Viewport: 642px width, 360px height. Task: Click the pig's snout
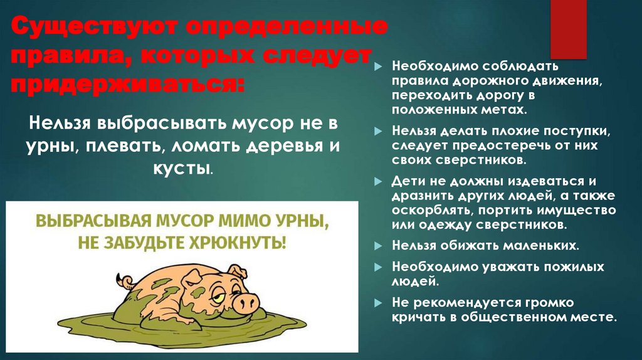pos(246,302)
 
